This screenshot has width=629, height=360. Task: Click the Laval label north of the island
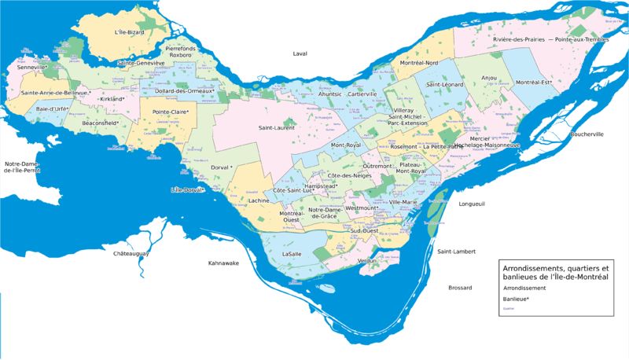[300, 54]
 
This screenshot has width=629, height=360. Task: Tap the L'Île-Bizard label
[130, 32]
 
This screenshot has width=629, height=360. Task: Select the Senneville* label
[32, 68]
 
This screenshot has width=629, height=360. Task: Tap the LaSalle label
[292, 255]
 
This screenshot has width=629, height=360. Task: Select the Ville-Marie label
[403, 202]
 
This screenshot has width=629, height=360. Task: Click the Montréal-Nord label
[418, 63]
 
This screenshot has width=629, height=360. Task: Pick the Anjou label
[489, 78]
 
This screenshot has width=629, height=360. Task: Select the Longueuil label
[472, 204]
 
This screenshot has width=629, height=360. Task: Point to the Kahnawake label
[223, 263]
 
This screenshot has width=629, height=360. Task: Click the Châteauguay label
[131, 254]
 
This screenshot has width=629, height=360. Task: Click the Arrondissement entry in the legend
[526, 288]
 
